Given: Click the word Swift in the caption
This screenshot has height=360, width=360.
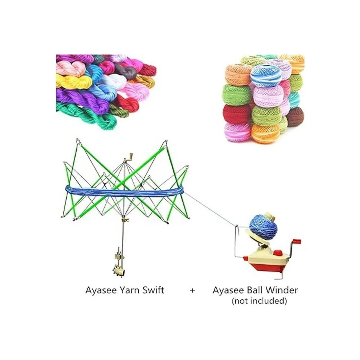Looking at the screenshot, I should pyautogui.click(x=153, y=290).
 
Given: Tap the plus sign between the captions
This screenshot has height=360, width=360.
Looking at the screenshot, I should pyautogui.click(x=193, y=290).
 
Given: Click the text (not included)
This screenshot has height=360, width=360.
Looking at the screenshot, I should pyautogui.click(x=259, y=301).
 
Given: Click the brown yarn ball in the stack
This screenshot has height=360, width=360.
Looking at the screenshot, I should pyautogui.click(x=295, y=117).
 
